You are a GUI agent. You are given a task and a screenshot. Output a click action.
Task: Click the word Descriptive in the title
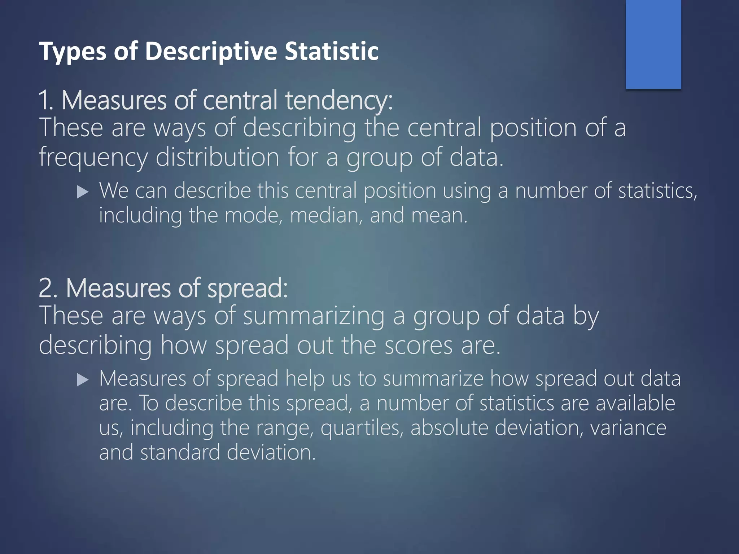click(x=211, y=52)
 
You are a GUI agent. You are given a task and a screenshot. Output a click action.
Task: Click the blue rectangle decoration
click(x=653, y=44)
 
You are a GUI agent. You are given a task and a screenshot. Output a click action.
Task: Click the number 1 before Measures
click(x=45, y=100)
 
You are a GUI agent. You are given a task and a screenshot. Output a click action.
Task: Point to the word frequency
click(x=93, y=158)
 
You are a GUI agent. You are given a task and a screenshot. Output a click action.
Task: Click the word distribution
click(x=217, y=157)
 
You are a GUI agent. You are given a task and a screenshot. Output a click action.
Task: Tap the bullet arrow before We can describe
click(x=83, y=192)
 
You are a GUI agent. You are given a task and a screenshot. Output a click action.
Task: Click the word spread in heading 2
click(x=247, y=289)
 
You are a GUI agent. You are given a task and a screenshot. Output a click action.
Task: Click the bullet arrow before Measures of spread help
click(x=83, y=380)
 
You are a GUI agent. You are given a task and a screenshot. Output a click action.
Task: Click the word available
click(x=635, y=403)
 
